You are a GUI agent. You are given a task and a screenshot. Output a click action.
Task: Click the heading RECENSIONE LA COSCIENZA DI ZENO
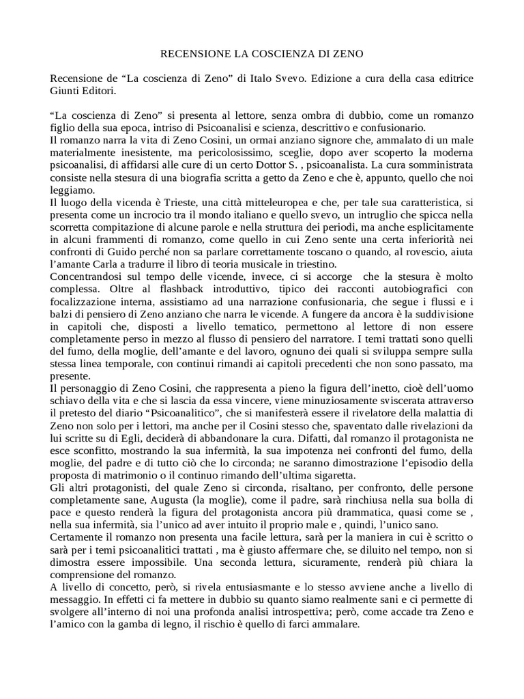261,53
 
